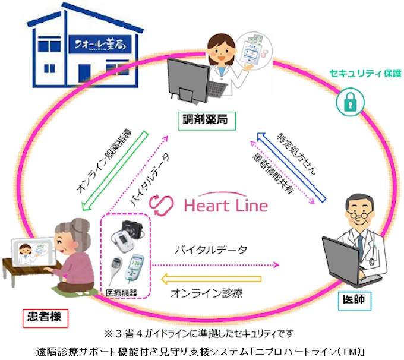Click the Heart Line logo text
coord(226,206)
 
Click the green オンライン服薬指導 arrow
coord(113,172)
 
